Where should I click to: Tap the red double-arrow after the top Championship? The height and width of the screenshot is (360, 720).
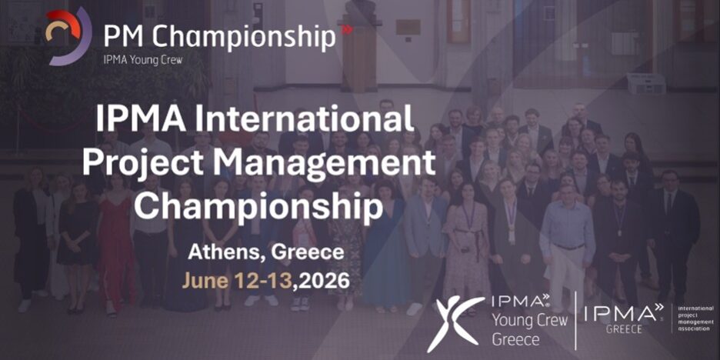[347, 30]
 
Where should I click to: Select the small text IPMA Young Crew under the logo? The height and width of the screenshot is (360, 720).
[143, 60]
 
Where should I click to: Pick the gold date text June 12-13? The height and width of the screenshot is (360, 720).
[237, 279]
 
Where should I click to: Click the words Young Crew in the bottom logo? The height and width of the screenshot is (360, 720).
[530, 320]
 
